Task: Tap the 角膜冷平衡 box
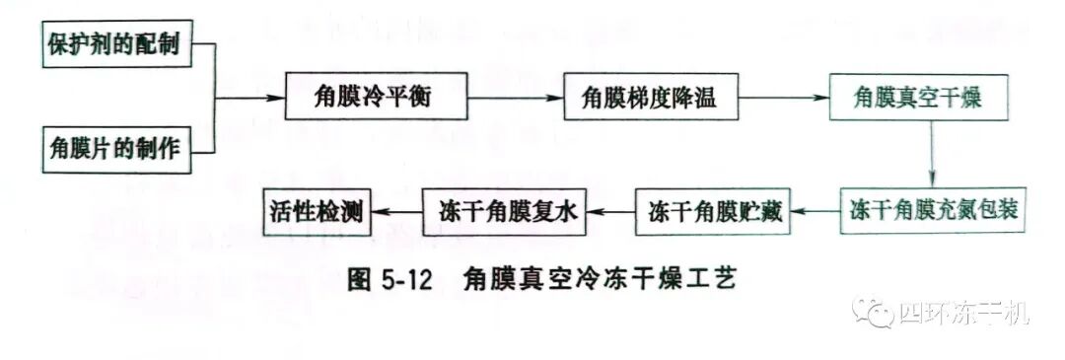[376, 98]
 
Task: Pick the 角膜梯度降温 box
[648, 98]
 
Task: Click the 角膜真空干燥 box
[917, 98]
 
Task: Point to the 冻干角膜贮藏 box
[716, 210]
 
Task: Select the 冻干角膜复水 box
[504, 210]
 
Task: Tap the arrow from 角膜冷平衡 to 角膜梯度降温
[515, 98]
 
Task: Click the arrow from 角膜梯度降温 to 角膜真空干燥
[781, 98]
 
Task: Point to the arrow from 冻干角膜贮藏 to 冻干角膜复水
[611, 210]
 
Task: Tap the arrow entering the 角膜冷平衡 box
[251, 98]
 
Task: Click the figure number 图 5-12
[392, 280]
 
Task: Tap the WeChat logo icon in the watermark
[875, 315]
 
